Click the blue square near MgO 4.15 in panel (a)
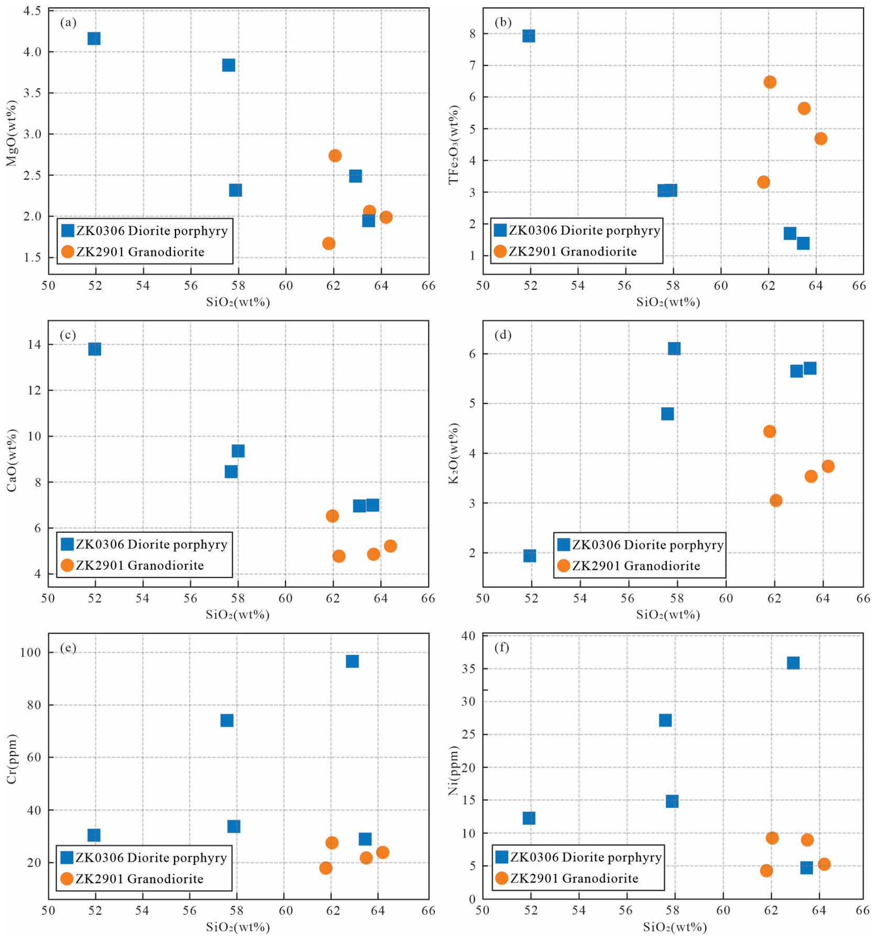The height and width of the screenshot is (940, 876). pyautogui.click(x=94, y=38)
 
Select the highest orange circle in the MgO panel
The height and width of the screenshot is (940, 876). pyautogui.click(x=335, y=155)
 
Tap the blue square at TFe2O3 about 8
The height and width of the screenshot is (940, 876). pyautogui.click(x=529, y=36)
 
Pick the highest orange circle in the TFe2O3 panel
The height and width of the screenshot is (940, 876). pyautogui.click(x=770, y=82)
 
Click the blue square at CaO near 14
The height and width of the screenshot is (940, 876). pyautogui.click(x=94, y=349)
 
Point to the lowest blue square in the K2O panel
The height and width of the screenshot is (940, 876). pyautogui.click(x=530, y=555)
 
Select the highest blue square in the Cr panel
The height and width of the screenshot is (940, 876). pyautogui.click(x=352, y=661)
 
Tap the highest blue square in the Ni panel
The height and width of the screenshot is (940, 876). pyautogui.click(x=793, y=663)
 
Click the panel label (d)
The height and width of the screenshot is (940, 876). pyautogui.click(x=503, y=335)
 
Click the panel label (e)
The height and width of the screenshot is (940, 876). pyautogui.click(x=68, y=648)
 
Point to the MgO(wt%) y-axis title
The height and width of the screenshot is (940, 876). pyautogui.click(x=12, y=133)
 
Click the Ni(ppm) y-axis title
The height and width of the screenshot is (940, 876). pyautogui.click(x=454, y=771)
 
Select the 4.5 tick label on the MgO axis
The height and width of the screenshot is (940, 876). pyautogui.click(x=32, y=12)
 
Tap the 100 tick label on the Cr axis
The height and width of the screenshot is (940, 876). pyautogui.click(x=31, y=652)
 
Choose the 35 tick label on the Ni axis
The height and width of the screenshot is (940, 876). pyautogui.click(x=468, y=669)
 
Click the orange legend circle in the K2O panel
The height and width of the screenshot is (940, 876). pyautogui.click(x=563, y=565)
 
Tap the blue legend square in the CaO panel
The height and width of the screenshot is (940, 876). pyautogui.click(x=67, y=544)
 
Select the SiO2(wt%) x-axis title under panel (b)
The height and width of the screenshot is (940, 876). pyautogui.click(x=668, y=302)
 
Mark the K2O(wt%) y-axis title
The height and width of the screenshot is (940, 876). pyautogui.click(x=454, y=454)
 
